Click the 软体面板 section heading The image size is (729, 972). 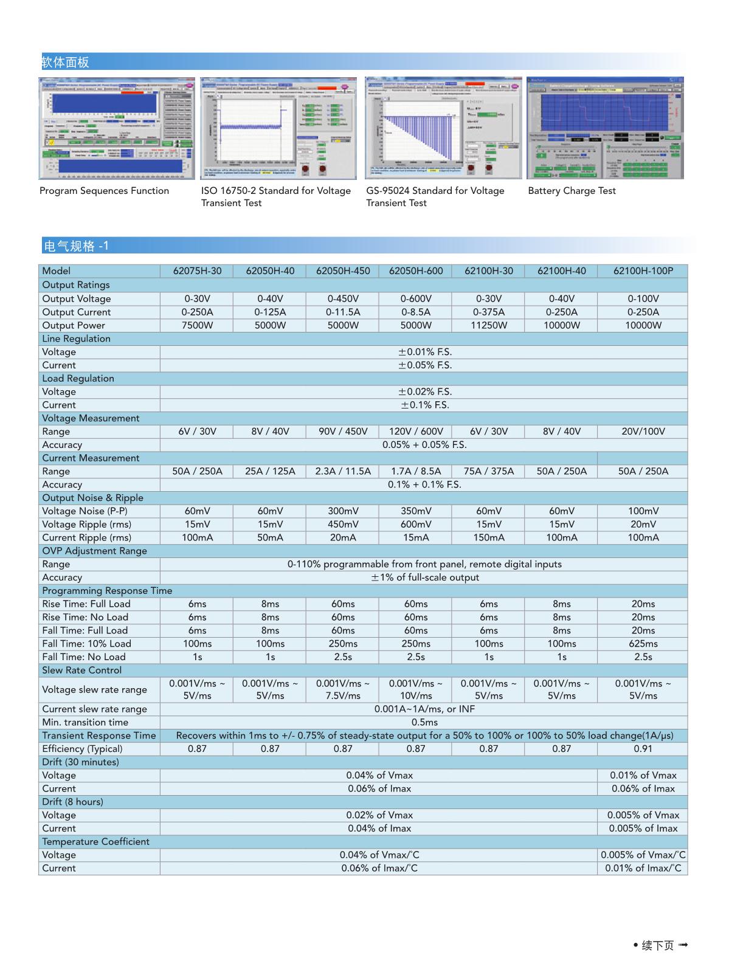pyautogui.click(x=65, y=62)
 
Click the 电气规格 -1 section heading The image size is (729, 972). pyautogui.click(x=76, y=246)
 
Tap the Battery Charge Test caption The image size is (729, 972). pyautogui.click(x=572, y=191)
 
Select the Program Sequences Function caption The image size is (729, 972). pyautogui.click(x=104, y=191)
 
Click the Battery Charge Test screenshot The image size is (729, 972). pyautogui.click(x=605, y=128)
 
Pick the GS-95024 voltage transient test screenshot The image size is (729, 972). pyautogui.click(x=443, y=128)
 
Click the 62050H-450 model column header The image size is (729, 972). pyautogui.click(x=343, y=271)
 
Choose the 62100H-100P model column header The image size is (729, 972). pyautogui.click(x=643, y=271)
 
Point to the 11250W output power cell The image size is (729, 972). pyautogui.click(x=489, y=325)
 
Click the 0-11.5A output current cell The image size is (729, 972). pyautogui.click(x=343, y=312)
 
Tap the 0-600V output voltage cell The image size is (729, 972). pyautogui.click(x=416, y=298)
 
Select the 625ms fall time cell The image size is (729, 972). pyautogui.click(x=643, y=644)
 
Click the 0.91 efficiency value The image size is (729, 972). pyautogui.click(x=643, y=749)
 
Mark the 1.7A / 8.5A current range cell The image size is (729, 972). pyautogui.click(x=416, y=471)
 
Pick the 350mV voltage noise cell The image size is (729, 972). pyautogui.click(x=416, y=511)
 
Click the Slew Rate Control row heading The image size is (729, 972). pyautogui.click(x=81, y=670)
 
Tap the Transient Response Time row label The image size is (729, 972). pyautogui.click(x=99, y=736)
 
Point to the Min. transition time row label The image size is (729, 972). pyautogui.click(x=85, y=722)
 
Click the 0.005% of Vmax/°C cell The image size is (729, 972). pyautogui.click(x=643, y=855)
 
